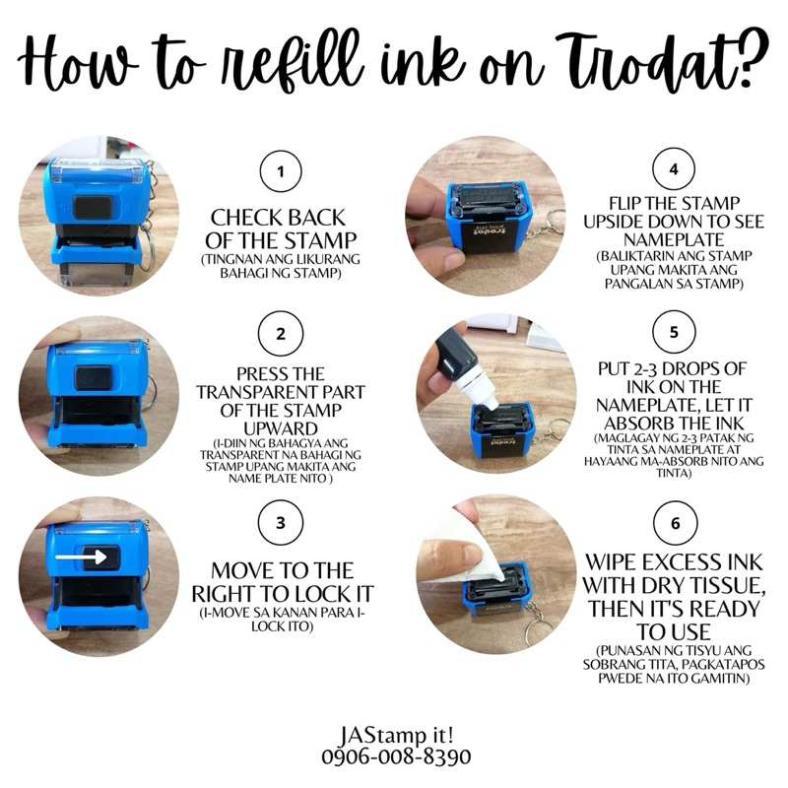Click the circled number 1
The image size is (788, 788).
pos(281,171)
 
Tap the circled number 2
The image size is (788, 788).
pos(281,334)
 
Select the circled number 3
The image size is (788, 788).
pos(281,523)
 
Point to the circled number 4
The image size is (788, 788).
pos(674,169)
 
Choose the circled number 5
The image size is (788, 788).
pos(674,332)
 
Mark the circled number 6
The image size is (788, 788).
pos(675,523)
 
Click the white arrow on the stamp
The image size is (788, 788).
pos(81,557)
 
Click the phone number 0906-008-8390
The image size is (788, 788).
pos(397,756)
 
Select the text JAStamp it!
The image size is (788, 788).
pos(397,736)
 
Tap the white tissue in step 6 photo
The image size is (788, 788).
pos(473,558)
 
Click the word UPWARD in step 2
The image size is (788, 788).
pos(281,428)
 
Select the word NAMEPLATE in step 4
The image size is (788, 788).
pos(674,239)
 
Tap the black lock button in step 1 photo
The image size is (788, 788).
pos(93,207)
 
